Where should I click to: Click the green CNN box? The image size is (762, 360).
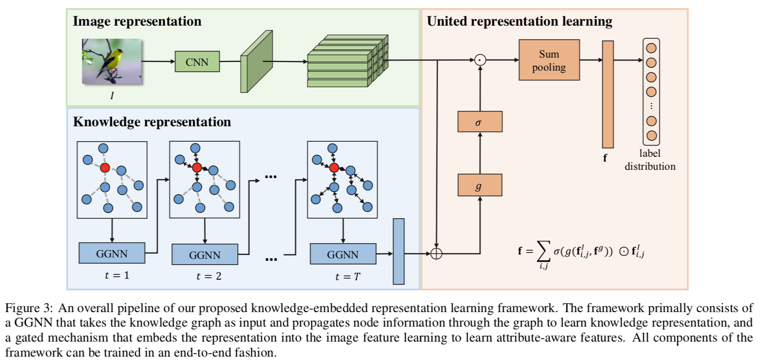click(x=197, y=62)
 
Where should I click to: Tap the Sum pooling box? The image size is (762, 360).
click(x=549, y=60)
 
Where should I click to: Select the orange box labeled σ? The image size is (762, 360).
click(x=480, y=122)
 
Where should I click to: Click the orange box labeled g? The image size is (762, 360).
click(x=480, y=185)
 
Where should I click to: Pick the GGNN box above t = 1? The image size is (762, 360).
click(x=112, y=254)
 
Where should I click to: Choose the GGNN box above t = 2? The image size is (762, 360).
click(x=205, y=255)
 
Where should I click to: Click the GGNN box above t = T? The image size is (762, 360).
click(x=343, y=255)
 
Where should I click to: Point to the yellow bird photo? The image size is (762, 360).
click(x=112, y=61)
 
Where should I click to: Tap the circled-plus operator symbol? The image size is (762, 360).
click(x=436, y=253)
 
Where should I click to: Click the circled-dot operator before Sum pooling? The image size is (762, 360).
click(x=480, y=60)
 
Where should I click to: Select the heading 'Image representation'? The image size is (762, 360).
click(x=137, y=21)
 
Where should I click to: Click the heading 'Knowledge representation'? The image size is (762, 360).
click(x=152, y=122)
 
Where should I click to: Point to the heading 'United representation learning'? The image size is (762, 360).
click(x=519, y=21)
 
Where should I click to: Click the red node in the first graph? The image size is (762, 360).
click(x=105, y=168)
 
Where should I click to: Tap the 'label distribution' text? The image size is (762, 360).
click(x=650, y=160)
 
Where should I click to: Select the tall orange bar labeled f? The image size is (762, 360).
click(x=608, y=94)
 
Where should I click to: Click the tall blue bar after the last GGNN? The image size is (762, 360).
click(x=398, y=252)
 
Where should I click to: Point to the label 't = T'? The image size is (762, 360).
click(x=348, y=277)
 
